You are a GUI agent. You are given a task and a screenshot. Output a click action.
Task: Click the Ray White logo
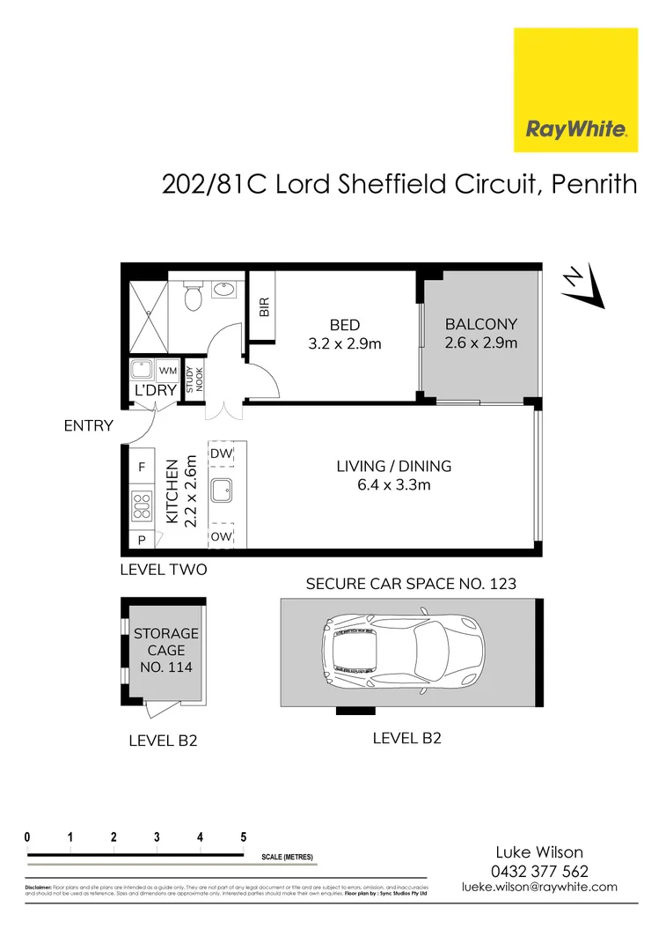[x=576, y=89]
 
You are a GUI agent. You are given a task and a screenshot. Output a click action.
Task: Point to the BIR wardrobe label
[x=263, y=306]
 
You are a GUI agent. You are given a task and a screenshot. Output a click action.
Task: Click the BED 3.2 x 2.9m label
[x=345, y=335]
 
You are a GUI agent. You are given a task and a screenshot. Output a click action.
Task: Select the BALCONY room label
[x=480, y=333]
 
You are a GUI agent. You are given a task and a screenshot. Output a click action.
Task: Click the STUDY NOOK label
[x=194, y=379]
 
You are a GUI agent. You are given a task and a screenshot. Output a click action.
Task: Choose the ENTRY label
[x=89, y=426]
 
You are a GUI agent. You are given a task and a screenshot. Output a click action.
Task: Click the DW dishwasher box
[x=222, y=453]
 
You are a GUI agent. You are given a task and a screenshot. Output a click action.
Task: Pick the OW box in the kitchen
[x=222, y=535]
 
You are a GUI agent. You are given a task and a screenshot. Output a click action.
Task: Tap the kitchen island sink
[x=222, y=489]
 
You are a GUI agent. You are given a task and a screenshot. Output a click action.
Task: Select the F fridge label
[x=141, y=467]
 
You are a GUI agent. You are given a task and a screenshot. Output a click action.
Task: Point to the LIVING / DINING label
[x=392, y=475]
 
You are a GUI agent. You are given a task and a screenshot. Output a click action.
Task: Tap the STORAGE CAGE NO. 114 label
[x=166, y=650]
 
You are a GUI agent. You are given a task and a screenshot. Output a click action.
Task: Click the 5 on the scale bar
[x=243, y=837]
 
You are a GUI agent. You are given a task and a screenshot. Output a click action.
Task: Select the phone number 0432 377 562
[x=539, y=871]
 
